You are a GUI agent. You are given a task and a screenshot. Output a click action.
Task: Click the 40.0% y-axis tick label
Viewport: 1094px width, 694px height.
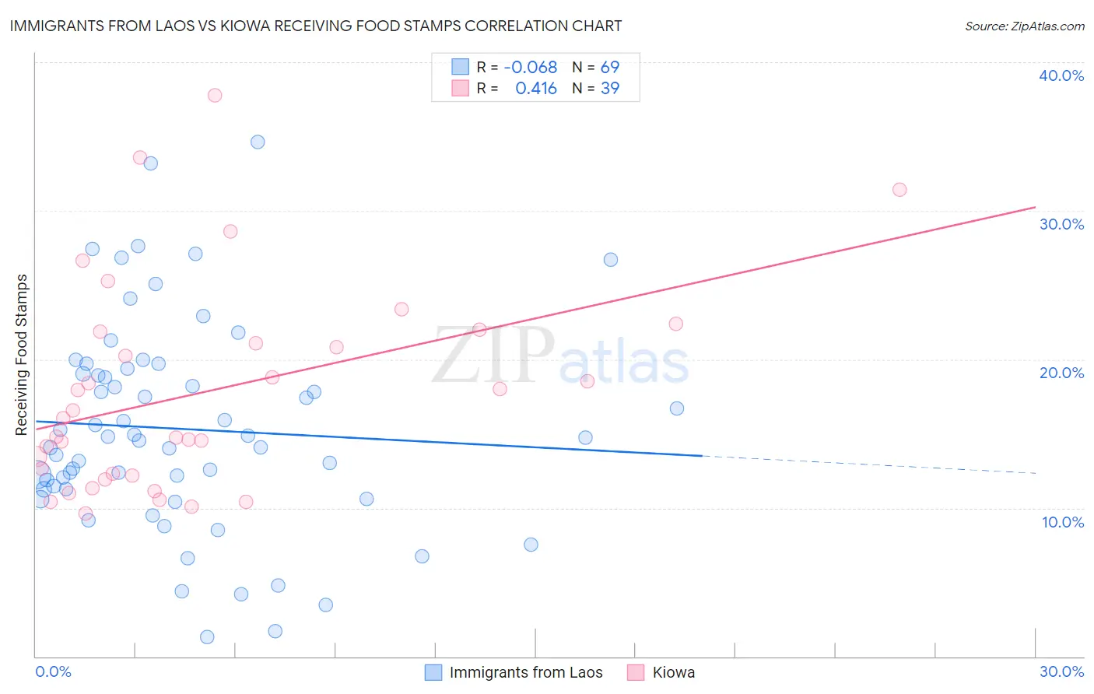(1061, 75)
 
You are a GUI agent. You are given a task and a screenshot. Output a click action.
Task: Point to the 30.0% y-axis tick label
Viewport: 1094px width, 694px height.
(1061, 224)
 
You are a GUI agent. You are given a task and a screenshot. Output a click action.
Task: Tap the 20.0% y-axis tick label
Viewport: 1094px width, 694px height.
(1061, 373)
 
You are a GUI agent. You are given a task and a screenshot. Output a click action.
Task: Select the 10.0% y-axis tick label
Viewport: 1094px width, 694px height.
(1063, 522)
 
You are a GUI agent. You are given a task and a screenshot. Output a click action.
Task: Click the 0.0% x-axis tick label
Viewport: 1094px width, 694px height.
(53, 671)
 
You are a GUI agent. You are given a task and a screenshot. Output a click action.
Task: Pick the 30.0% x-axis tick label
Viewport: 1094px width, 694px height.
(1061, 671)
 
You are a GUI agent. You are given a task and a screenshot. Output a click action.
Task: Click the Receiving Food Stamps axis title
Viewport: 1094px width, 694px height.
(22, 355)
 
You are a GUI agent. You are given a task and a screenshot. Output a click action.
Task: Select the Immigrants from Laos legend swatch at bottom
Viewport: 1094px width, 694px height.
(433, 672)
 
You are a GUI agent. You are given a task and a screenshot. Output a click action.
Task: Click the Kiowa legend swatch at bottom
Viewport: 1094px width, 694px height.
(636, 672)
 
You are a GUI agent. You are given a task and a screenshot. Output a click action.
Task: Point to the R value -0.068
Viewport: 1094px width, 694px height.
(531, 68)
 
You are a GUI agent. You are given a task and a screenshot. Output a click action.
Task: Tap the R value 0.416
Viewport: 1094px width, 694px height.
(536, 89)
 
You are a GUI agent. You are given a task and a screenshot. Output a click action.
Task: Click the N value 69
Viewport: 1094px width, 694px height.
(610, 68)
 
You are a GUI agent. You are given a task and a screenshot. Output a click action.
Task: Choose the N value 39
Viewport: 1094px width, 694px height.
(610, 89)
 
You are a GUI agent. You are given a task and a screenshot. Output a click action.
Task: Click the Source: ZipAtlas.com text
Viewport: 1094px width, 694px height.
(1024, 26)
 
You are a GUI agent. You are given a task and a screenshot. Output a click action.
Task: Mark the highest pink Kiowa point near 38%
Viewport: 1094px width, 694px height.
(215, 95)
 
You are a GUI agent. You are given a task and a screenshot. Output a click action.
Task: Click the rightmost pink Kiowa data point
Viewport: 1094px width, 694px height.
(899, 190)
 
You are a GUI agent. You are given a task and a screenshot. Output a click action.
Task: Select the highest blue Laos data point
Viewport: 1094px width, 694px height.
(258, 142)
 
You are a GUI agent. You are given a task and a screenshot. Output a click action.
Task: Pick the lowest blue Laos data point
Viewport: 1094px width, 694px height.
(207, 637)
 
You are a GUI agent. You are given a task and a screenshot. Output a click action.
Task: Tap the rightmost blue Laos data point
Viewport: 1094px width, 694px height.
(677, 408)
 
